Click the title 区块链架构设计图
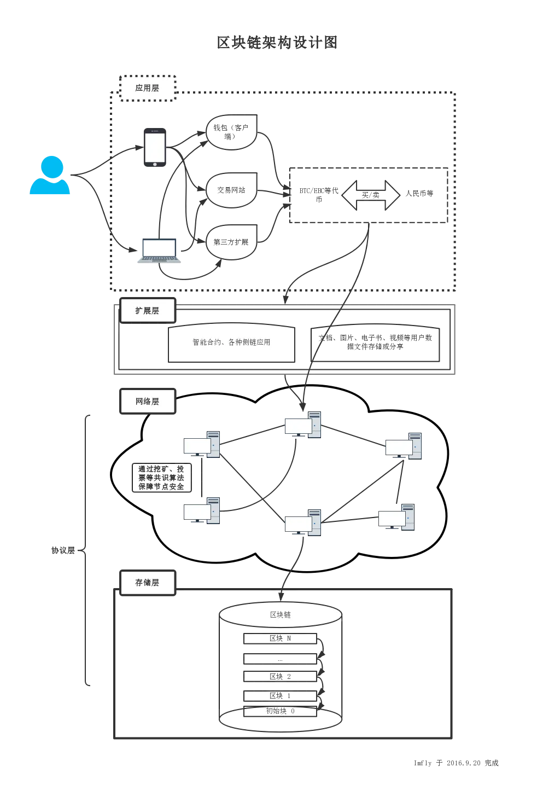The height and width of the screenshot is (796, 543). click(276, 43)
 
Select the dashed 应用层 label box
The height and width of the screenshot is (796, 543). click(148, 88)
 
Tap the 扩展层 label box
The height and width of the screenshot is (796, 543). click(147, 311)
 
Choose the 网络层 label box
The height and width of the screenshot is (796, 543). click(147, 402)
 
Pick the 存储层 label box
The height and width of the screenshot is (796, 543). click(147, 583)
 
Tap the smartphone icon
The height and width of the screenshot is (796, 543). click(155, 148)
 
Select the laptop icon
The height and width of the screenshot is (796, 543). click(159, 251)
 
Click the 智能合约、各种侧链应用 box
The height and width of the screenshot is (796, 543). click(231, 342)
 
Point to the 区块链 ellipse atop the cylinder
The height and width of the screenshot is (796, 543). click(281, 615)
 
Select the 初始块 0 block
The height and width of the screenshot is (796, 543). click(280, 711)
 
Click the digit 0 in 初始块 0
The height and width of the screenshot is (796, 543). click(293, 711)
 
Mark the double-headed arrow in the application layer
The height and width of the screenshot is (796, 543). click(371, 194)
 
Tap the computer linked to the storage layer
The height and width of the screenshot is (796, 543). click(303, 523)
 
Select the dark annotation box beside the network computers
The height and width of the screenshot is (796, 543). click(162, 477)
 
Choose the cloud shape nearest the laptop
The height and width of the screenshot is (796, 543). click(230, 241)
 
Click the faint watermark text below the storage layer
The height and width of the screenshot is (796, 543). click(455, 762)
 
